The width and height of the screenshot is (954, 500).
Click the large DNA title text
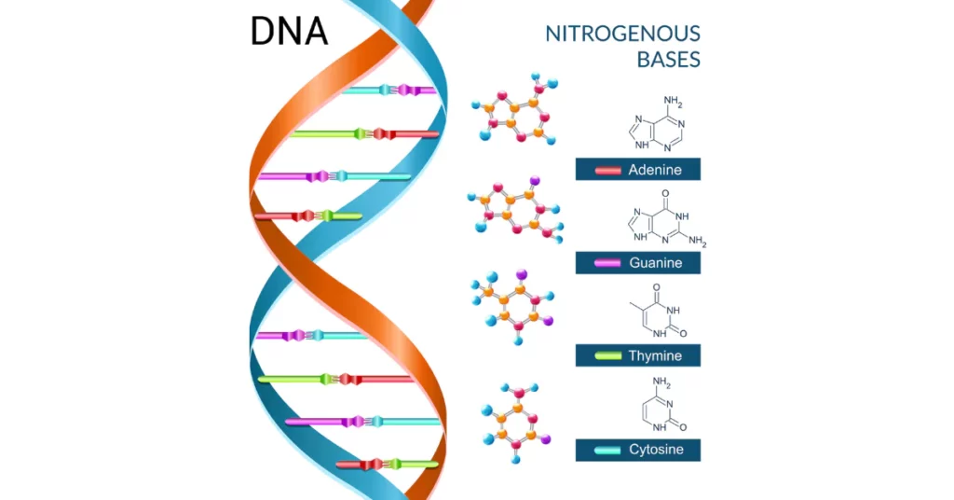[x=289, y=31]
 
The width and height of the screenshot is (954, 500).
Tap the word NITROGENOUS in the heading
[x=622, y=34]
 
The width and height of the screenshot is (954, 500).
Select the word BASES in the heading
[x=669, y=60]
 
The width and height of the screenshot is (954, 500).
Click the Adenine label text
[x=655, y=170]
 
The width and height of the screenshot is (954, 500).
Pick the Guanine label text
[x=655, y=263]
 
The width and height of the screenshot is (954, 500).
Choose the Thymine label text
[x=655, y=355]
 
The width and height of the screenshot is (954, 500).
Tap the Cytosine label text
[x=656, y=450]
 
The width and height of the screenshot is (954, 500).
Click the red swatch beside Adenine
[x=607, y=171]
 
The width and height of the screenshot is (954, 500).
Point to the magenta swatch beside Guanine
[x=607, y=263]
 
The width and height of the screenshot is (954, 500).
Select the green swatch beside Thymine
[x=607, y=355]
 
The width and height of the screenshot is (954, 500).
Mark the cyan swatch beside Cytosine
[x=607, y=450]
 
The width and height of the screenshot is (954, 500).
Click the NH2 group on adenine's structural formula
[x=673, y=101]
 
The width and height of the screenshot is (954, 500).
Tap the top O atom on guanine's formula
[x=665, y=194]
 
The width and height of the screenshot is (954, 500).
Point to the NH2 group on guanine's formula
[x=697, y=242]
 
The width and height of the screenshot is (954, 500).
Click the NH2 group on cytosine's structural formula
[x=661, y=382]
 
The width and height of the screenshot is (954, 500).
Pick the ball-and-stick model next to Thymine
[x=513, y=307]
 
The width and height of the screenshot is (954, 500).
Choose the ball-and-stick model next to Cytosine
[x=515, y=423]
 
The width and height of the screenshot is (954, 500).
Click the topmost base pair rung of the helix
[x=388, y=90]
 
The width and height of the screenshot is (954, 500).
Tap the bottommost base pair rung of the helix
[x=387, y=464]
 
